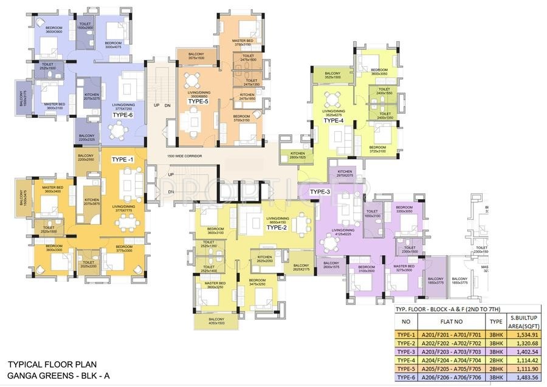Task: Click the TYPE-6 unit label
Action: [122, 115]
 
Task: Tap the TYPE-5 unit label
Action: [198, 101]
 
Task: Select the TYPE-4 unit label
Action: [333, 120]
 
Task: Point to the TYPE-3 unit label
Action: [320, 192]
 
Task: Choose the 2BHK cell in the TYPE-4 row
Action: [496, 360]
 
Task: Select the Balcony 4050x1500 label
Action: [216, 321]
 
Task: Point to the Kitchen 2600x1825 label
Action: [297, 155]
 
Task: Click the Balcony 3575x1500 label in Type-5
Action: [196, 56]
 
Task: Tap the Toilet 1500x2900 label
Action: [85, 27]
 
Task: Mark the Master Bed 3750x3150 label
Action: [243, 43]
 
